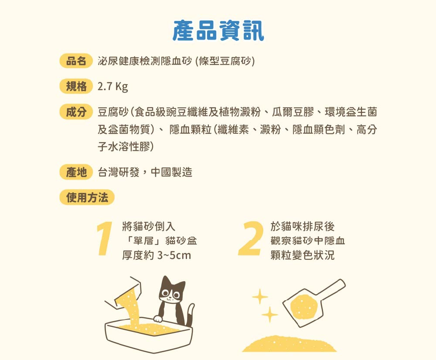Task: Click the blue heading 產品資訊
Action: (218, 31)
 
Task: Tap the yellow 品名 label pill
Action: (76, 61)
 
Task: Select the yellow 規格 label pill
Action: (76, 86)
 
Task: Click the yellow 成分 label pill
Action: (76, 112)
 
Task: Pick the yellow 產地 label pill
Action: (76, 172)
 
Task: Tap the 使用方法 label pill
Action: (87, 197)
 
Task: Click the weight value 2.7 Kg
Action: (112, 86)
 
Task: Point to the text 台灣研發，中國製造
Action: (145, 172)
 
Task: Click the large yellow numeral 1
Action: (104, 238)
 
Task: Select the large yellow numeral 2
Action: (251, 238)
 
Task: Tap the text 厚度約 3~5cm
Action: (157, 255)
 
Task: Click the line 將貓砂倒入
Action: (149, 226)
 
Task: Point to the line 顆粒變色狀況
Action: (303, 255)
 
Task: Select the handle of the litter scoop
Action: (332, 289)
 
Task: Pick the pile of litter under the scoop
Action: (289, 344)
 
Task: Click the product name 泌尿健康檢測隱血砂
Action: (145, 61)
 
